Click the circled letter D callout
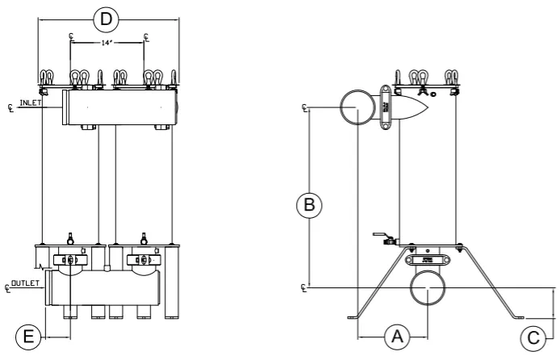click(104, 18)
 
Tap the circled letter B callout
click(308, 204)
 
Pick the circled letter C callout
click(532, 337)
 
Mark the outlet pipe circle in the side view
click(429, 288)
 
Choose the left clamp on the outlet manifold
click(70, 260)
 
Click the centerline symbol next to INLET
click(10, 107)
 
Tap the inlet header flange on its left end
click(64, 107)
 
